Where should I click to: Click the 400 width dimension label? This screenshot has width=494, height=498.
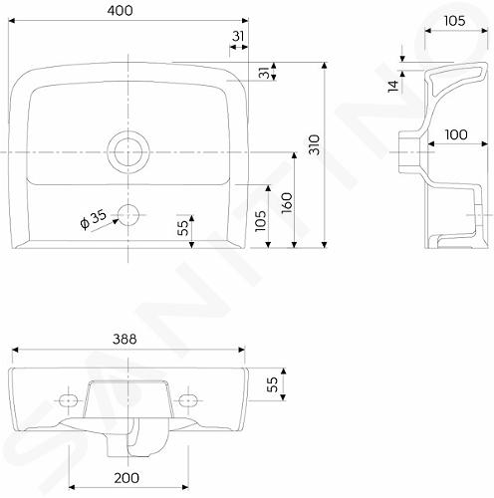[120, 11]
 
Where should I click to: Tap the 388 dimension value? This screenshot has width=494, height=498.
[124, 339]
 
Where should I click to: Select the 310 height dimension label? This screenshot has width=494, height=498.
[314, 144]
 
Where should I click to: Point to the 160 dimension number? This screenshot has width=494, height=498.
[287, 203]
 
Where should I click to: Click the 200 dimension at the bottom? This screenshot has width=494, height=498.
[126, 478]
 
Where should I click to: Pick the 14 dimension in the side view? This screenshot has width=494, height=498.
[393, 86]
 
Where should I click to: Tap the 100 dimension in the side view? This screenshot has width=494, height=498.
[456, 134]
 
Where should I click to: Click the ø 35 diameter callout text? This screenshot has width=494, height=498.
[94, 219]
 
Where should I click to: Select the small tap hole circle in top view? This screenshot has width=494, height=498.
[128, 215]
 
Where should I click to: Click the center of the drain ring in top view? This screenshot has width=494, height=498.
[128, 152]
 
